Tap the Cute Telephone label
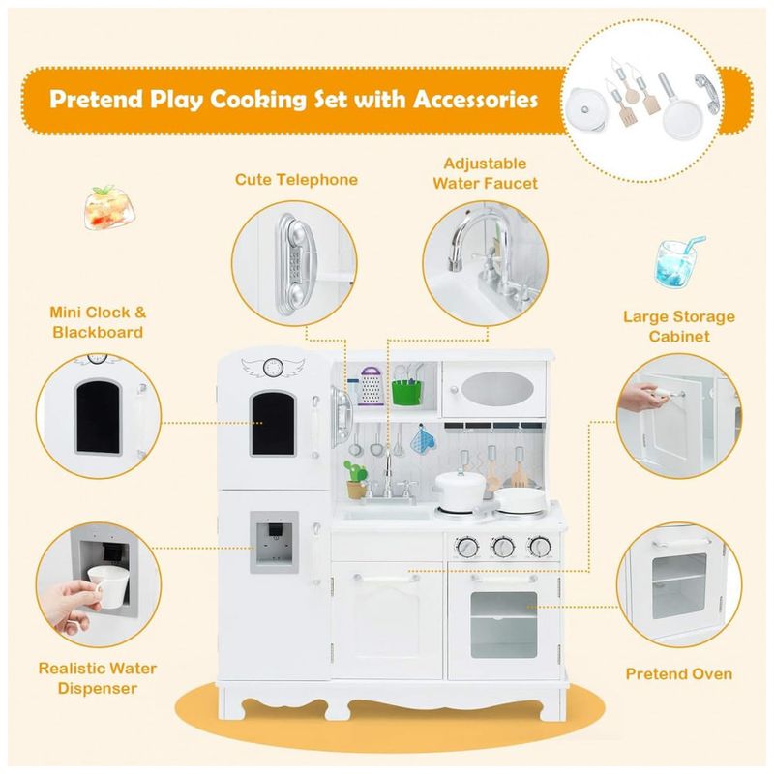click(296, 179)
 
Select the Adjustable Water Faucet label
click(485, 172)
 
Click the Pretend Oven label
click(678, 673)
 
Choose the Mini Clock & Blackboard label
click(97, 322)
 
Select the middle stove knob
click(502, 547)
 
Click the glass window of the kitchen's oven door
click(501, 620)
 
